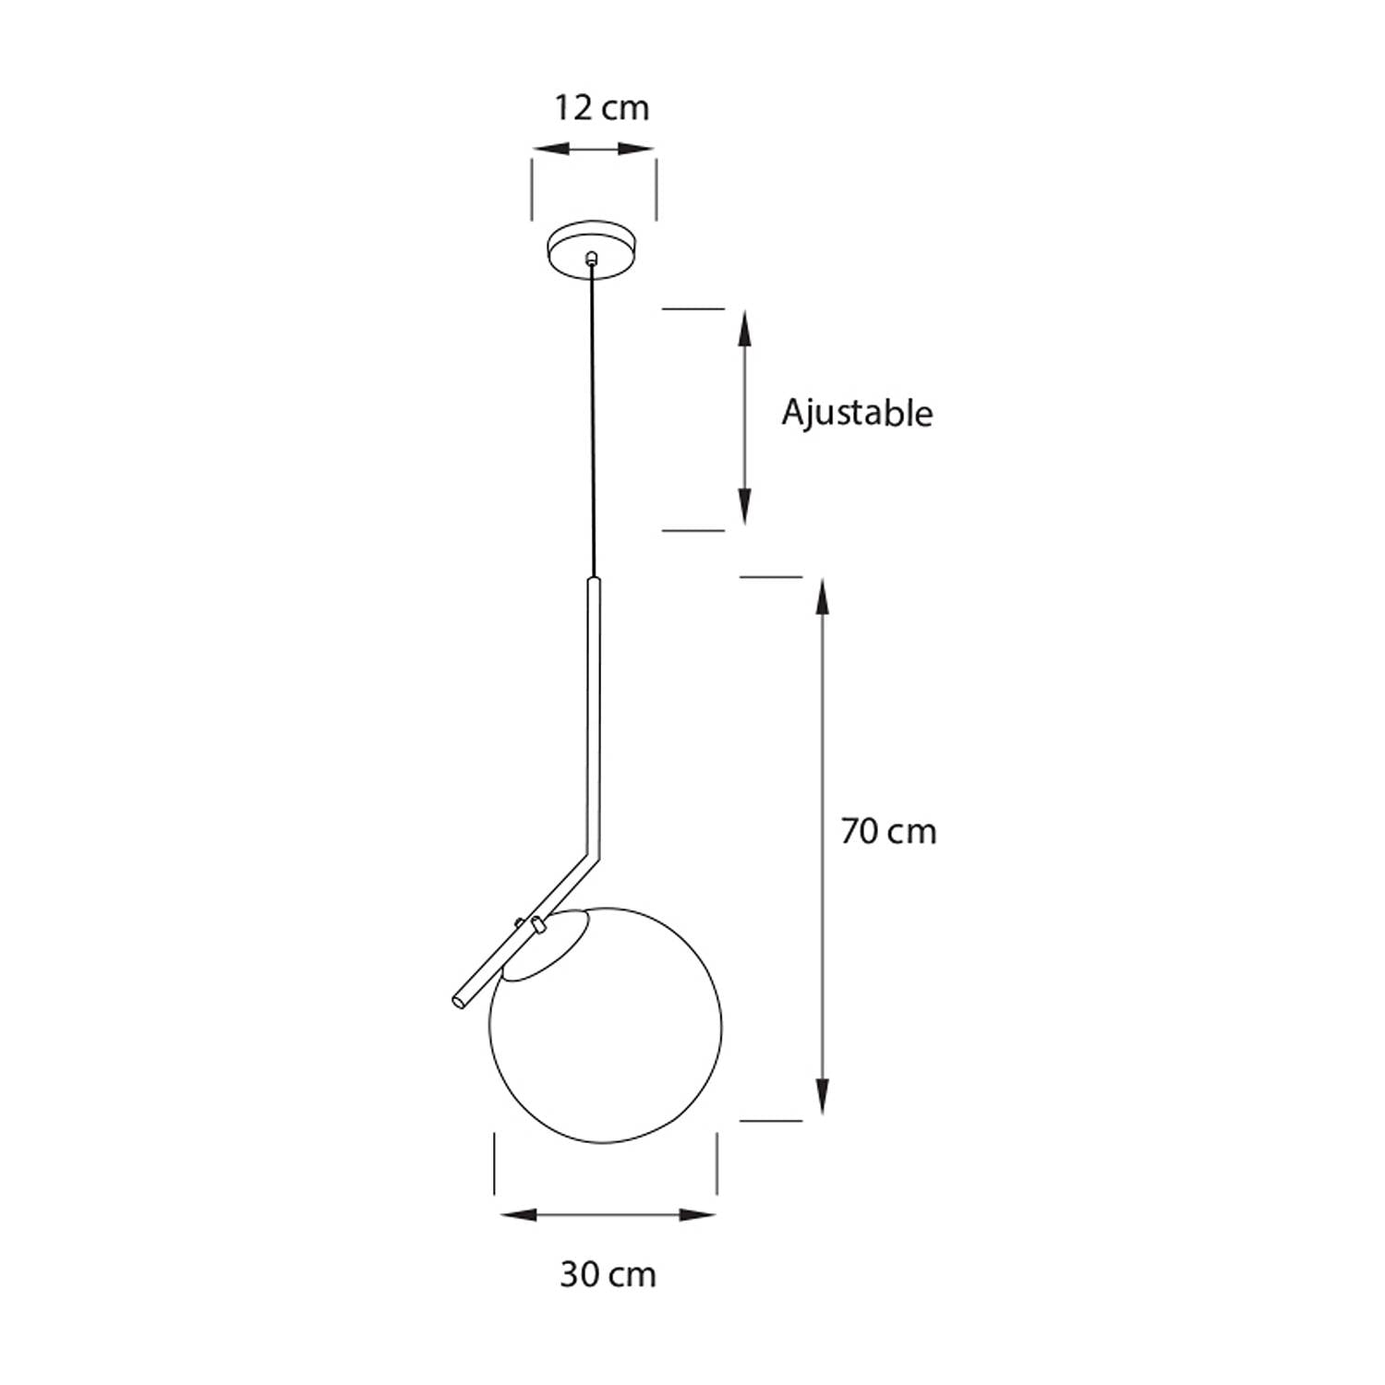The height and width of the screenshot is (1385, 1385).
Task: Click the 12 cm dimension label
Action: [601, 108]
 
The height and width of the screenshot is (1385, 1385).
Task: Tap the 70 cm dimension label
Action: [888, 832]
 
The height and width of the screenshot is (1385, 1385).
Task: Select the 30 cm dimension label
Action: [608, 1275]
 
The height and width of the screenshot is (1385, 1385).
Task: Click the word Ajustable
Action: [857, 413]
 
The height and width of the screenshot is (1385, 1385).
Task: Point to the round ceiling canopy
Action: [593, 247]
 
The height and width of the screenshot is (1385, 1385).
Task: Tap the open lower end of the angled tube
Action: [458, 1000]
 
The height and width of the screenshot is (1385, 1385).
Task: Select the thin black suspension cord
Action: [593, 420]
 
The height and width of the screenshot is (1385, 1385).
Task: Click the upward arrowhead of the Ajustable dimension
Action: [744, 329]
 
